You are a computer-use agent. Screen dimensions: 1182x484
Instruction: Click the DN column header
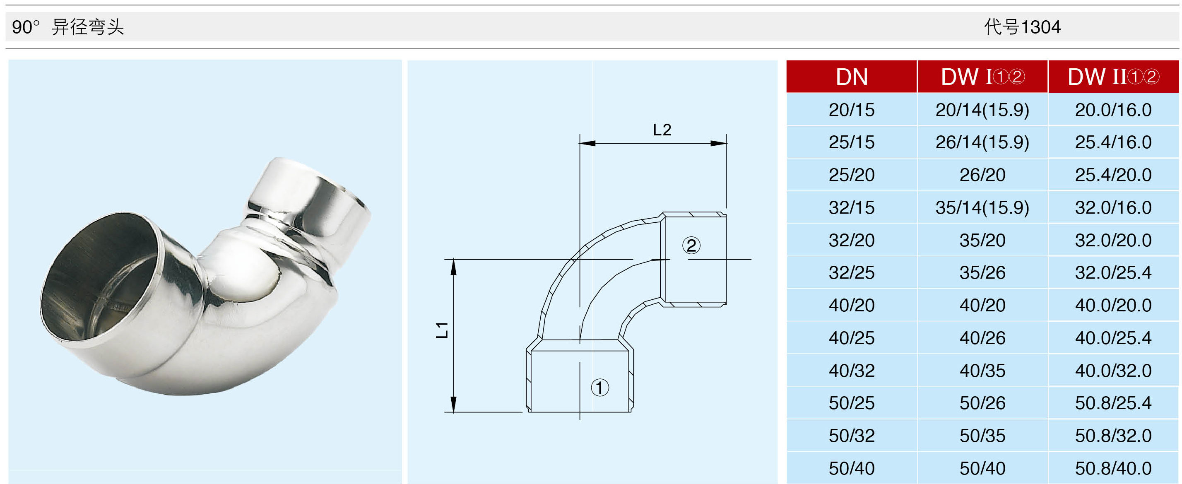tap(852, 77)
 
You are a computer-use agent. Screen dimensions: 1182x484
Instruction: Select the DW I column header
tap(982, 77)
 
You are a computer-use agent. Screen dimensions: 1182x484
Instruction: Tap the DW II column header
tap(1113, 77)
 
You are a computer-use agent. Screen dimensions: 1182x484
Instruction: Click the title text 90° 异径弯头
tap(68, 27)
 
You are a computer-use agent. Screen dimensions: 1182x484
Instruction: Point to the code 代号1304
tap(1022, 27)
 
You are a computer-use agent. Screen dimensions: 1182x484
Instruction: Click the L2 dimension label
tap(662, 130)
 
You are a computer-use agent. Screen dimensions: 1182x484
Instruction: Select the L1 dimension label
tap(441, 330)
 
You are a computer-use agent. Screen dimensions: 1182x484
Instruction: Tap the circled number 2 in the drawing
tap(691, 246)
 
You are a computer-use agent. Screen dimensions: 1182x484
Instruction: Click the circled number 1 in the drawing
tap(600, 388)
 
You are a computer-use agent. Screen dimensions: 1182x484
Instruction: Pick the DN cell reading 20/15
tap(852, 110)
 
